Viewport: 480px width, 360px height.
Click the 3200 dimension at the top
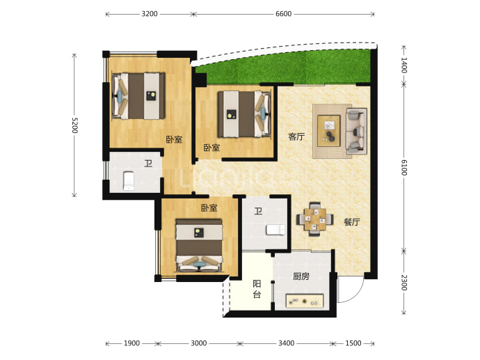tap(150, 14)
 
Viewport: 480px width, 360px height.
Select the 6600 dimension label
tap(283, 14)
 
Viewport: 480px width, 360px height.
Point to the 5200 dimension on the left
tap(74, 125)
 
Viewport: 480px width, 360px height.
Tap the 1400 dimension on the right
tap(404, 65)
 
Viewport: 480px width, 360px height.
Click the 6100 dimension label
tap(404, 168)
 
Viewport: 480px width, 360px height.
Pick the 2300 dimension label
tap(404, 283)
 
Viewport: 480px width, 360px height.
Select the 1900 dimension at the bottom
tap(131, 343)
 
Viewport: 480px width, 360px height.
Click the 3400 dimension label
tap(286, 343)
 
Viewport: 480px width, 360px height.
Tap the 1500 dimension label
tap(353, 343)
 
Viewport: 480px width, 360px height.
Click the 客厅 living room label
tap(296, 136)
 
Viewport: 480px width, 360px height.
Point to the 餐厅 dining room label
tap(352, 222)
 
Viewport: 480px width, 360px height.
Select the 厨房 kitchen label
tap(301, 276)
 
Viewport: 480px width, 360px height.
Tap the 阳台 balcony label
tap(257, 289)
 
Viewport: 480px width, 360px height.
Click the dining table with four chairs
tap(314, 219)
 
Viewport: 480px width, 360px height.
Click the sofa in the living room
tap(356, 131)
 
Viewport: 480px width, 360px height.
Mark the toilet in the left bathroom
tap(129, 181)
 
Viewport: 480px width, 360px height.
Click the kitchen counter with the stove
tap(305, 301)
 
